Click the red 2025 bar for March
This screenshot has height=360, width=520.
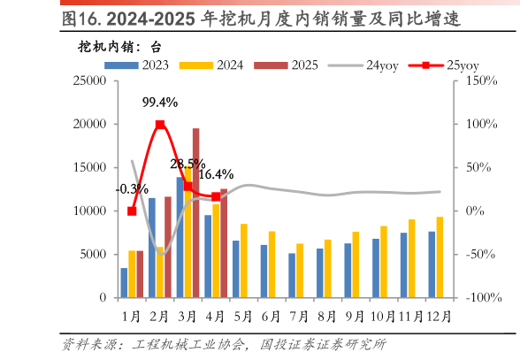(x=195, y=213)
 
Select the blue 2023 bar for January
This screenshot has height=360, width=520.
(x=124, y=282)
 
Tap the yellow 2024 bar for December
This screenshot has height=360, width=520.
(x=440, y=257)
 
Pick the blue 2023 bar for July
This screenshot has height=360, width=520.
(x=292, y=275)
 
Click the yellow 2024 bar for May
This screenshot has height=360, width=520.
(x=244, y=261)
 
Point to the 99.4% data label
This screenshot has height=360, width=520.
(x=159, y=103)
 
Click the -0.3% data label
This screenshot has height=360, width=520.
(x=132, y=189)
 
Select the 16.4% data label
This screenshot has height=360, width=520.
(x=216, y=174)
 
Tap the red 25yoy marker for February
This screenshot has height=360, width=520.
(x=160, y=125)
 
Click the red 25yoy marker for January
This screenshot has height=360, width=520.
(x=132, y=211)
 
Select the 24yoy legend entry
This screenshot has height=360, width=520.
(x=363, y=65)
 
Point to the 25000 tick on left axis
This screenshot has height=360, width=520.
(x=88, y=80)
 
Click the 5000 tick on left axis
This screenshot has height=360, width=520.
(x=91, y=255)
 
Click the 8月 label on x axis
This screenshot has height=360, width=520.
(x=326, y=315)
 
